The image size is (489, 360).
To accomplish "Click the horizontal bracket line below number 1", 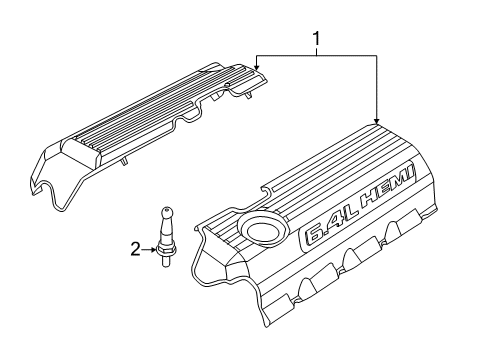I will [317, 56].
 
